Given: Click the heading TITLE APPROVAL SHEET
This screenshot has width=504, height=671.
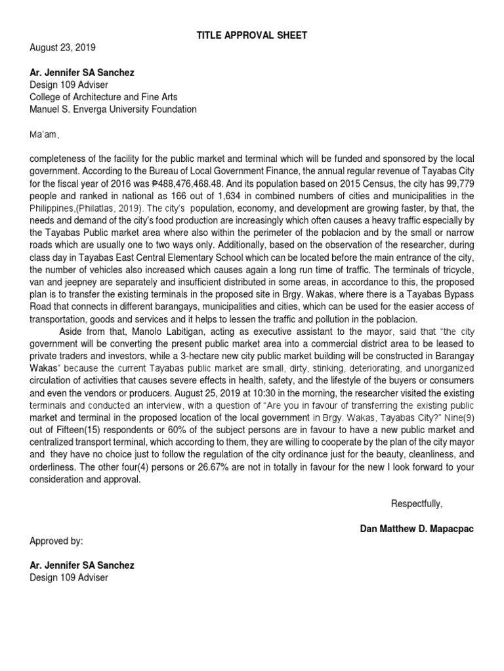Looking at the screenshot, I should point(252,35).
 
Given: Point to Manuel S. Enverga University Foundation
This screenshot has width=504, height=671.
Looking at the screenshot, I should point(113,109).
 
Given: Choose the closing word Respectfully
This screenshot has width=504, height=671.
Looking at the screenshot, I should point(417,503).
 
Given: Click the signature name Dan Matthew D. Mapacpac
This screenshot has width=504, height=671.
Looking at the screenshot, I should point(417,528).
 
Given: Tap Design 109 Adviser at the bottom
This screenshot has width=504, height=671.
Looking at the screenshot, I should point(69,577).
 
